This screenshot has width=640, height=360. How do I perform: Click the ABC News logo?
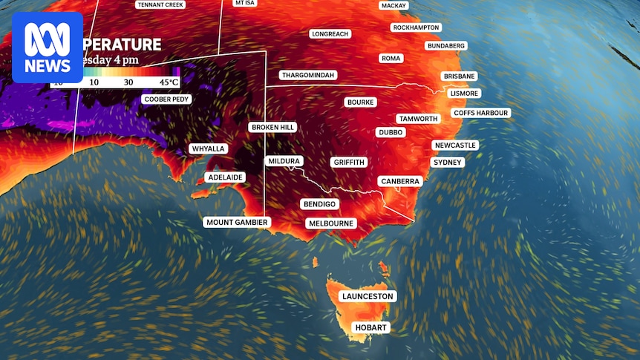(x=48, y=47)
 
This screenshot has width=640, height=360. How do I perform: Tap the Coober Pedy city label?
(x=166, y=99)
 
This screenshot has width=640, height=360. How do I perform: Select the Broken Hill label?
(x=273, y=127)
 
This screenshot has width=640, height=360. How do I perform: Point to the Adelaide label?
(x=226, y=177)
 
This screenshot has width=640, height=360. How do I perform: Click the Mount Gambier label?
(x=237, y=222)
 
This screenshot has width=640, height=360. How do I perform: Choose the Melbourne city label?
(x=331, y=223)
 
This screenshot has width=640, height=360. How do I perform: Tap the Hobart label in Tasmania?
(x=372, y=327)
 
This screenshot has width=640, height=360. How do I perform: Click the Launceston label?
(x=367, y=296)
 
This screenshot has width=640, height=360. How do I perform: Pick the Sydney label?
(x=447, y=162)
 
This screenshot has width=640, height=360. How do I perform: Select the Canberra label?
(x=400, y=181)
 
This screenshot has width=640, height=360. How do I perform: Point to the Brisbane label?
(x=459, y=76)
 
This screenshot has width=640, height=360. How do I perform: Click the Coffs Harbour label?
(x=481, y=113)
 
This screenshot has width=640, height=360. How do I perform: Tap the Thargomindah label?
(x=308, y=75)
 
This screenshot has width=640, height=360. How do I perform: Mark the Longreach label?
(x=330, y=34)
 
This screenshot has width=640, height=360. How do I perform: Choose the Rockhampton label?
(x=416, y=27)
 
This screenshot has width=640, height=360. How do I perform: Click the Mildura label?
(x=284, y=161)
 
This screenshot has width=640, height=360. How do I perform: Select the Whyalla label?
(x=208, y=148)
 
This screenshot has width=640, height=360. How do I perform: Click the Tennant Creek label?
(x=160, y=4)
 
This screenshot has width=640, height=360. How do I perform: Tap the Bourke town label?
(x=360, y=102)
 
